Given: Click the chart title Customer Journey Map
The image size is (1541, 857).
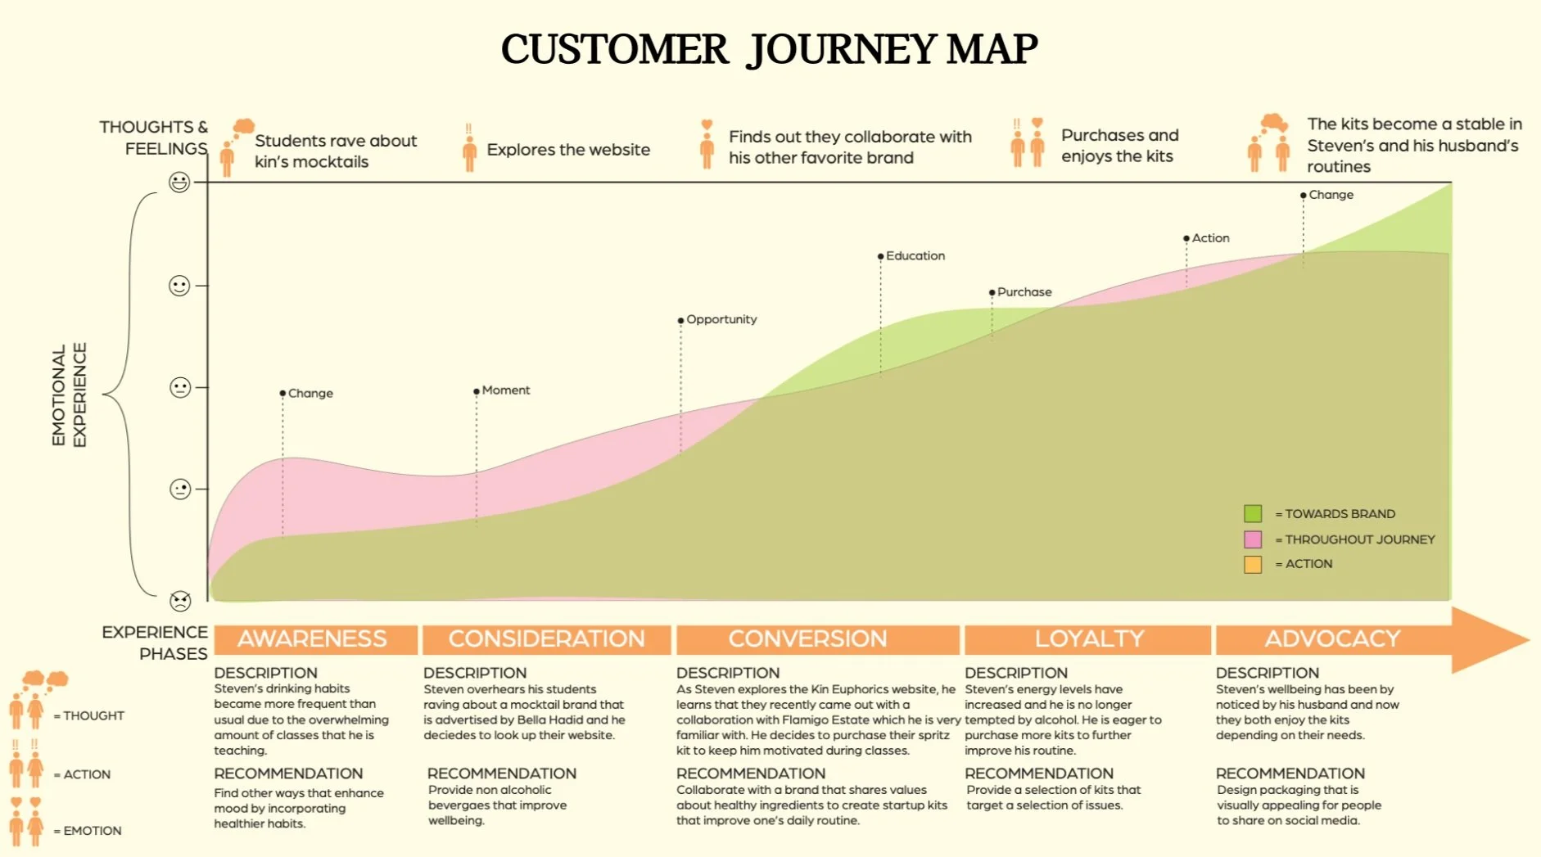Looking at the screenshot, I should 769,49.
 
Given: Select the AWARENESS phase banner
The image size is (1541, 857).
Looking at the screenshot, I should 313,639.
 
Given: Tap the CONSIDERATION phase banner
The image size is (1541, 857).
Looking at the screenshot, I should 546,639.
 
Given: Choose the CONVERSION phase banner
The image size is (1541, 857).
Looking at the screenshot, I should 808,639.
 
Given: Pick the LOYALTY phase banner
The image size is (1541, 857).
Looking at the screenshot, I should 1088,639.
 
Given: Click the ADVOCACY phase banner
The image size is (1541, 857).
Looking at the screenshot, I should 1332,639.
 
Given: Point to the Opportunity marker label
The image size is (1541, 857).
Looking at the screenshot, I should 721,319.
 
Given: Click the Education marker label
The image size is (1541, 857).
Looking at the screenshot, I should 915,256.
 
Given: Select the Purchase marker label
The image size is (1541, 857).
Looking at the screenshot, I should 1024,292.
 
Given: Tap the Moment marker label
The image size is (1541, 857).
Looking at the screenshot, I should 505,390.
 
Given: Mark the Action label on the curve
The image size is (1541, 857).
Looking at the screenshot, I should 1210,238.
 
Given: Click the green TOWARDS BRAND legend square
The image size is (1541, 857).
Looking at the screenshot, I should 1253,514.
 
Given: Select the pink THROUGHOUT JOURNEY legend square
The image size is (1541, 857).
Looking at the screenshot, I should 1253,539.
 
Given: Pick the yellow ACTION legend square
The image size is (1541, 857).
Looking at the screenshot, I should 1253,564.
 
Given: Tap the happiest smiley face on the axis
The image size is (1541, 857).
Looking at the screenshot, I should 179,182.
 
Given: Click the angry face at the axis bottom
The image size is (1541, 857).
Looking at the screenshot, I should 180,601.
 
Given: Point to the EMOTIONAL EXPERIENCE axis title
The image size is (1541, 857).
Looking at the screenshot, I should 69,395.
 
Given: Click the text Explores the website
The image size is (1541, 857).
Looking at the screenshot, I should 568,150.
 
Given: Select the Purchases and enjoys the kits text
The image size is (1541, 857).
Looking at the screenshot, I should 1119,146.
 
